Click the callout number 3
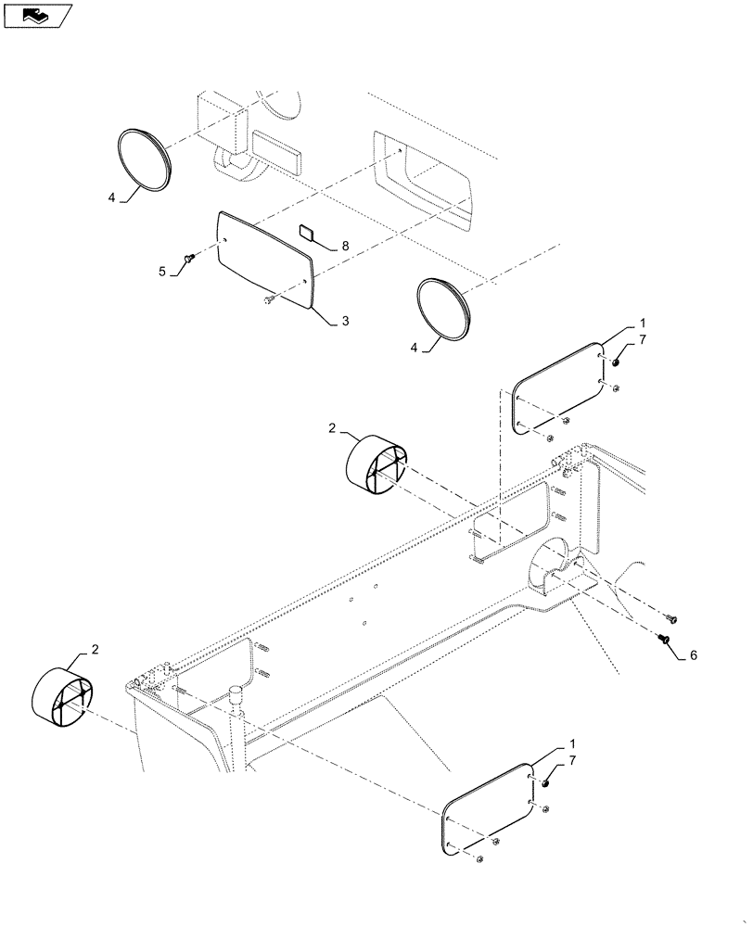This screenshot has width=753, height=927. tap(345, 321)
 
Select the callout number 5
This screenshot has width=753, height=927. tap(161, 273)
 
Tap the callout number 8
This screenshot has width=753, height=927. tap(345, 246)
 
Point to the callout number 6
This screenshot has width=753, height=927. tap(693, 654)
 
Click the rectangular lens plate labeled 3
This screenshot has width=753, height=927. tap(264, 257)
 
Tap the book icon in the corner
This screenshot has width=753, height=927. tap(38, 15)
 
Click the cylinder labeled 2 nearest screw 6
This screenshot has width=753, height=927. tap(376, 463)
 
